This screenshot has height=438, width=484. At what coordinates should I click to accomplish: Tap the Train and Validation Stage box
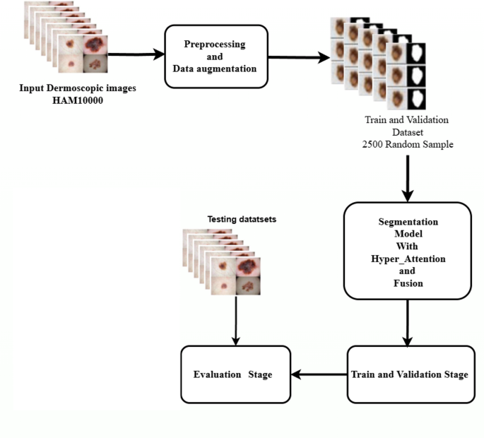409,374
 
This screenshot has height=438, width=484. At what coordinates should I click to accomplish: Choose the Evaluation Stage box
236,374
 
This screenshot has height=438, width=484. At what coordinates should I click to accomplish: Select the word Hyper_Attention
407,259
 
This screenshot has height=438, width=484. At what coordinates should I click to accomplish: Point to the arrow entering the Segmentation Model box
407,180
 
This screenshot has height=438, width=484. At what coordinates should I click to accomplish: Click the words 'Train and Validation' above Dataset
406,120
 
